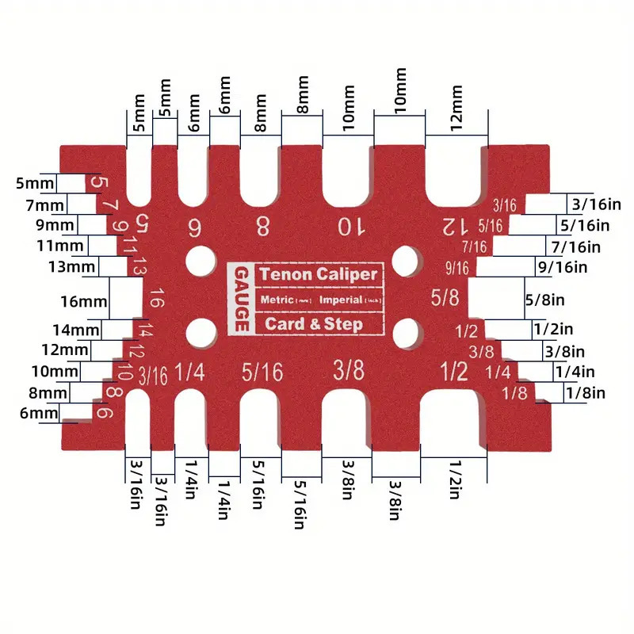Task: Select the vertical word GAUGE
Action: click(241, 300)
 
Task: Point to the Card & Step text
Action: click(314, 323)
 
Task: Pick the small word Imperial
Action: click(340, 300)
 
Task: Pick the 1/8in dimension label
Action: click(584, 391)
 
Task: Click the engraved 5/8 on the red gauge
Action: click(445, 299)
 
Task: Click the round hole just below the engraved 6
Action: click(201, 261)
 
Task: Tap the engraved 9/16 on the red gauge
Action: click(458, 267)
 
